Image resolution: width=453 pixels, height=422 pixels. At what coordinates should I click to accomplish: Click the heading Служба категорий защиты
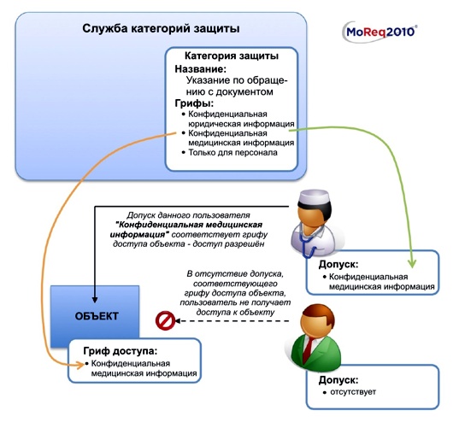pyautogui.click(x=156, y=28)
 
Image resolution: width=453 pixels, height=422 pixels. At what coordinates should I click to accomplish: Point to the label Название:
pyautogui.click(x=201, y=69)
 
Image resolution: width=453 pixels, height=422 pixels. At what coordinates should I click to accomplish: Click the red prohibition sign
pyautogui.click(x=164, y=321)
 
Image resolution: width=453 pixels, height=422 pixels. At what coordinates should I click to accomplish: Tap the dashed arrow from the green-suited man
pyautogui.click(x=239, y=322)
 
